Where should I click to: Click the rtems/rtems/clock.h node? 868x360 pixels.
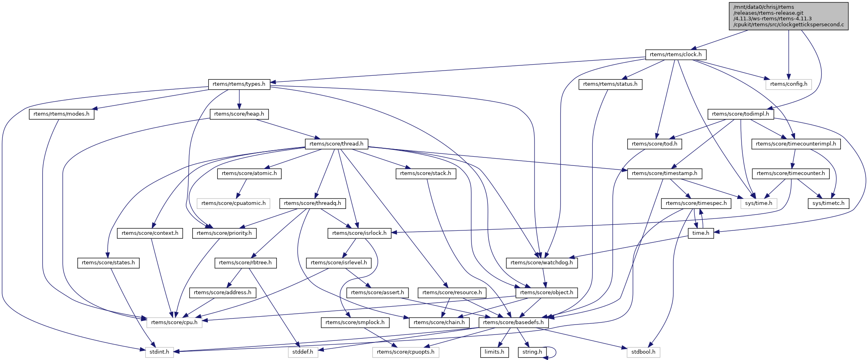[675, 55]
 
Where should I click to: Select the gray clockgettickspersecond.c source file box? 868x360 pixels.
[788, 16]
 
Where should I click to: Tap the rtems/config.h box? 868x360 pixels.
[788, 84]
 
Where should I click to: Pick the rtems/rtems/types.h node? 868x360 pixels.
[239, 84]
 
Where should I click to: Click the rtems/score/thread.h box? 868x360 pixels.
[336, 144]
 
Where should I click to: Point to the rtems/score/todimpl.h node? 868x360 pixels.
[740, 114]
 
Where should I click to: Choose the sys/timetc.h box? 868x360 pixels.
[828, 203]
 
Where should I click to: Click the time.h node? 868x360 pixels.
[700, 233]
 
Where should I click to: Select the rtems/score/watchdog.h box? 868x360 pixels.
[541, 263]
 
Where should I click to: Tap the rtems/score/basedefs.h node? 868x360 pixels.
[513, 323]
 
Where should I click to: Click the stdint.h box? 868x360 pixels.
[159, 352]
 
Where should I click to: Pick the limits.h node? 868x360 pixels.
[494, 352]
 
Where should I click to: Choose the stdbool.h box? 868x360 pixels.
[643, 352]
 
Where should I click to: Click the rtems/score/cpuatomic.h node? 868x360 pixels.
[233, 203]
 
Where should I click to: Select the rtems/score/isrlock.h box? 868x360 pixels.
[359, 233]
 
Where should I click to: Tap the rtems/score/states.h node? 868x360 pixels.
[108, 263]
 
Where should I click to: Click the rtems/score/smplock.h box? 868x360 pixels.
[355, 323]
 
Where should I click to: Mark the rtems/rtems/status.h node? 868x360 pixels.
[610, 84]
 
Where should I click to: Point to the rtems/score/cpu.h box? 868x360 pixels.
[174, 323]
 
